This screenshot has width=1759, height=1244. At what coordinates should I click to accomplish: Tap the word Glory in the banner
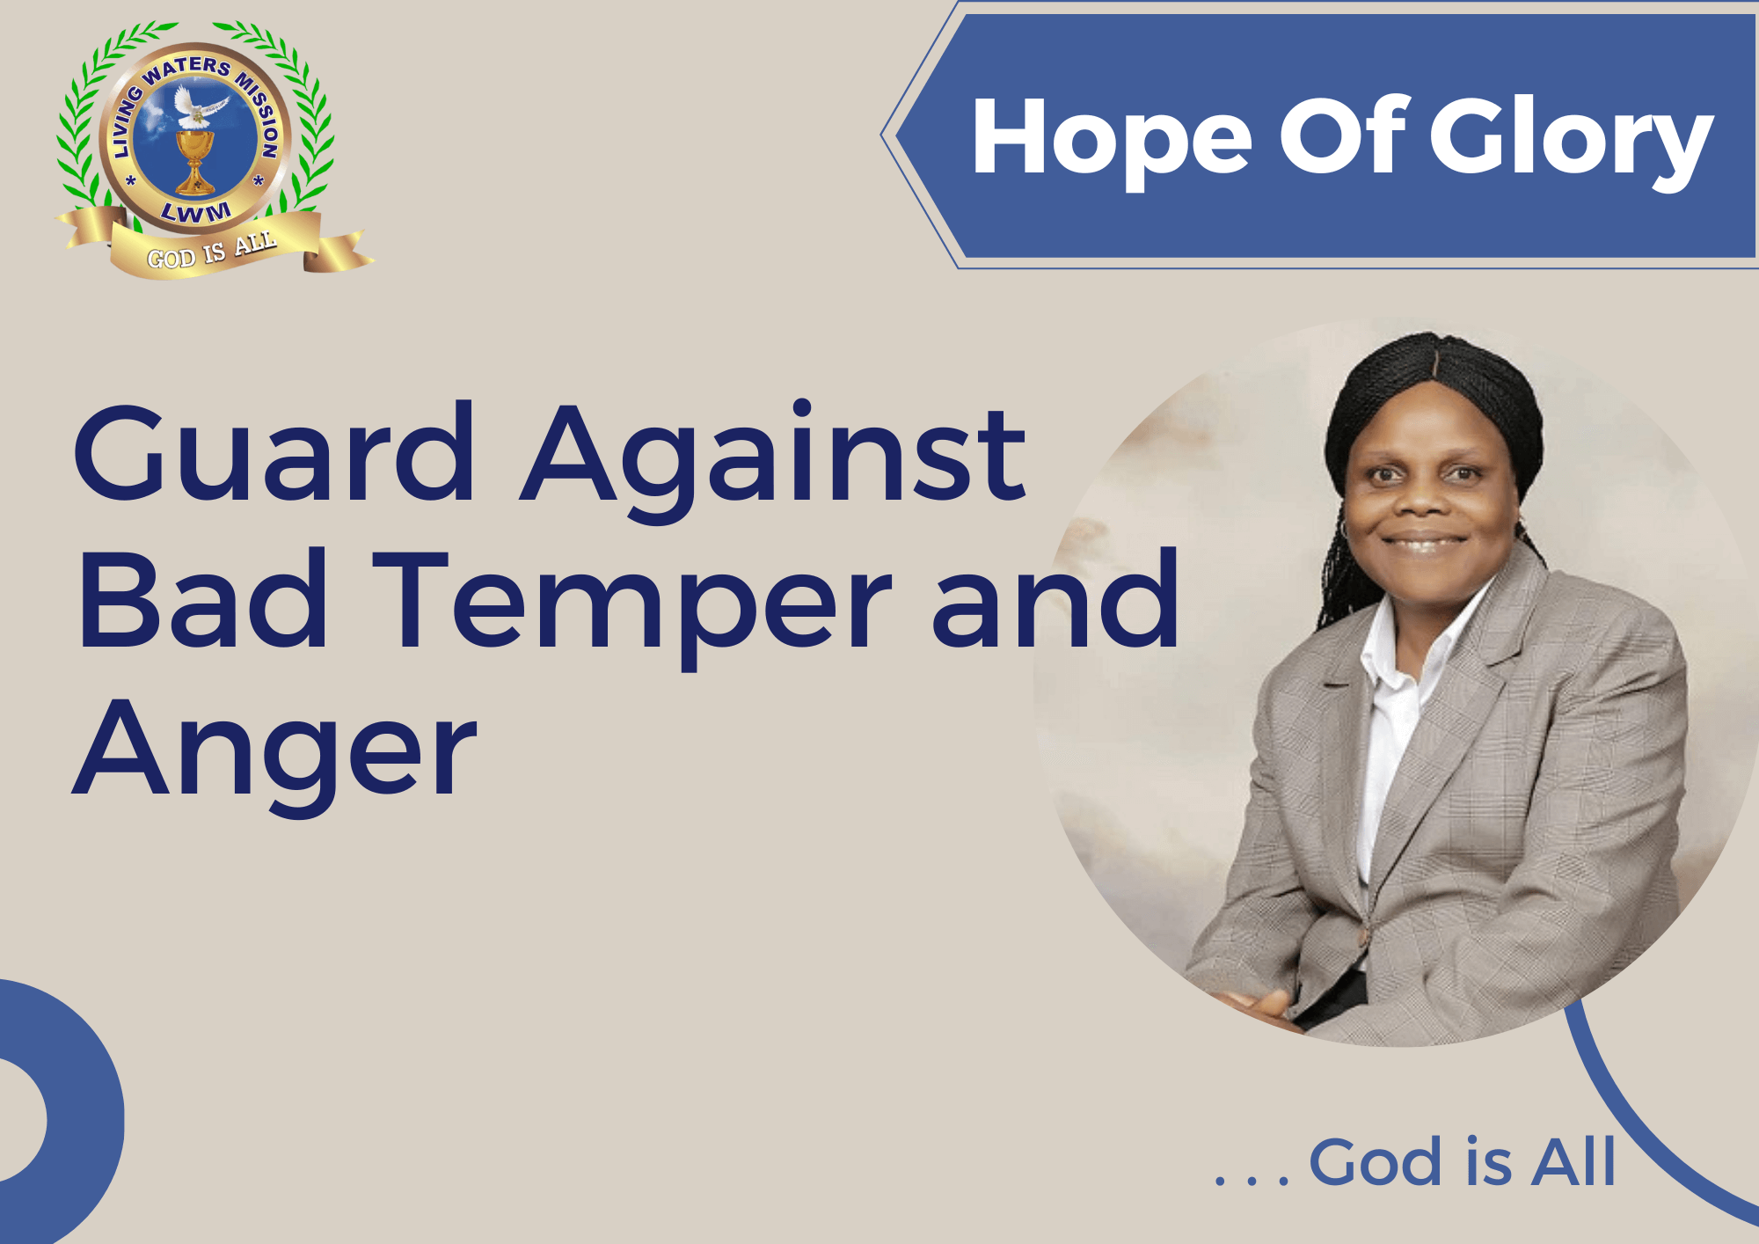tap(1572, 141)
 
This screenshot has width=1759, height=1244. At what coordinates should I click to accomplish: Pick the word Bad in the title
tap(203, 598)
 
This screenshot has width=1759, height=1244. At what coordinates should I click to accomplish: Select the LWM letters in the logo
tap(196, 212)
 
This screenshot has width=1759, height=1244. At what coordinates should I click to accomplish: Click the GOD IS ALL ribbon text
tap(212, 252)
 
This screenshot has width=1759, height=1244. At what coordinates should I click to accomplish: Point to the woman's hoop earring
tap(1343, 530)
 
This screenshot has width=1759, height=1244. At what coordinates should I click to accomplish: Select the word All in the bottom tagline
tap(1573, 1162)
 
